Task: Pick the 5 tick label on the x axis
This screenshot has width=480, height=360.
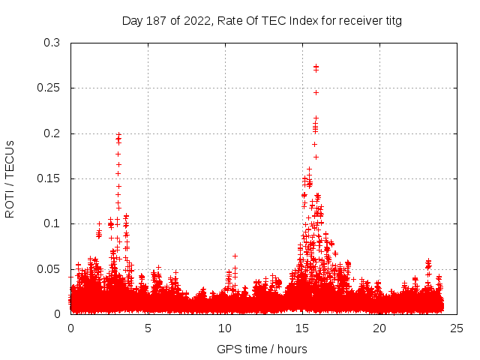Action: (148, 328)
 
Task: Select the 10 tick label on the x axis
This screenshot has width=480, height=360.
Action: (226, 328)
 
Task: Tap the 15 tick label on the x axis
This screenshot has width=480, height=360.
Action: (303, 328)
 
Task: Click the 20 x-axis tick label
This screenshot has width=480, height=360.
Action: (380, 328)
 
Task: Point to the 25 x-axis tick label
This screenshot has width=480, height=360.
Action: (457, 328)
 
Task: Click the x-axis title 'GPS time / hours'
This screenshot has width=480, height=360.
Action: (262, 349)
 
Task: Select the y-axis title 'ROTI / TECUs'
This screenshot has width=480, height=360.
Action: (10, 178)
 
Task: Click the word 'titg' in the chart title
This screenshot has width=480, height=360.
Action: (392, 21)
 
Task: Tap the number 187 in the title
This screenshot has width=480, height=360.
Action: (156, 21)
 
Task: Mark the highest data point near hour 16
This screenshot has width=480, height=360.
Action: (316, 66)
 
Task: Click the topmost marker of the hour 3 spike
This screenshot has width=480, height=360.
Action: (118, 134)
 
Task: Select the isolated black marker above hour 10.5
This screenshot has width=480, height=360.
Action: (235, 256)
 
